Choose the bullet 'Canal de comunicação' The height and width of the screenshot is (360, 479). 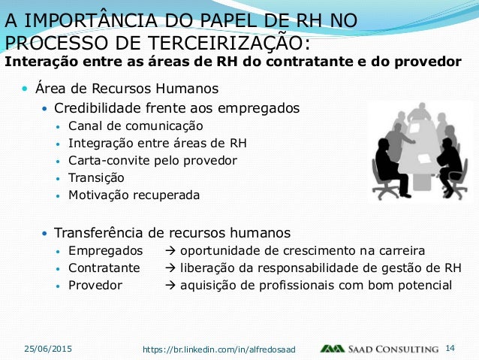coord(135,126)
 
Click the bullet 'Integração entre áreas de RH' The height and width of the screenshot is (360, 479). coord(157,143)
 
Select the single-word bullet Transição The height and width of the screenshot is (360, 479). coord(96,178)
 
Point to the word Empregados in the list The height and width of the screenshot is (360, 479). coord(105,250)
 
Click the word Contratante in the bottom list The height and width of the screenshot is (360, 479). coord(104,268)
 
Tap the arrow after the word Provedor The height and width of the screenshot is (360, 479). coord(168,286)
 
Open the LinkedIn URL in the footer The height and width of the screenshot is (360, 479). coord(219,349)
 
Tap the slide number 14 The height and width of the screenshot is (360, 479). coord(451,349)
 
